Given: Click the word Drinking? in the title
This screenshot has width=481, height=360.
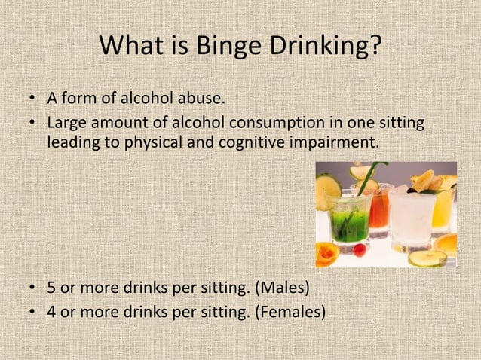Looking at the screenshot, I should pos(326,47).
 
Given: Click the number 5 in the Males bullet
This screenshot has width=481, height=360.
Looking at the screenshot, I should pos(51,288).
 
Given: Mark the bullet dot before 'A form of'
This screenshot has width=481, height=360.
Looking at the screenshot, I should pos(32,99).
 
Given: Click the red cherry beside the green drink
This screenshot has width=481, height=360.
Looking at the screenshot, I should pos(360,249).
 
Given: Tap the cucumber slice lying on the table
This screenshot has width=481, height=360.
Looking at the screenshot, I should pos(427,258).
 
